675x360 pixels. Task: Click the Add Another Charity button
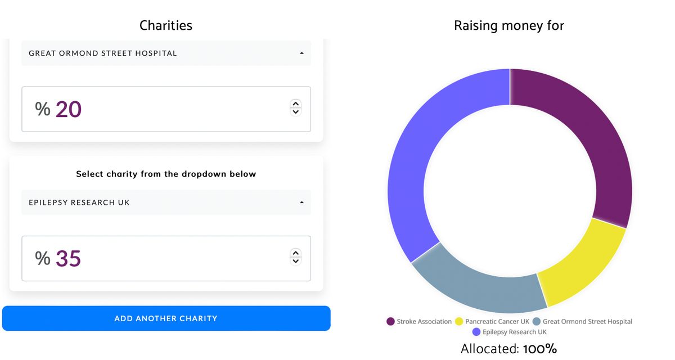(x=166, y=318)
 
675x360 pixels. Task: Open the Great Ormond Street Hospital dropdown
(x=166, y=53)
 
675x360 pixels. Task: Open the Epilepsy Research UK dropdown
(x=166, y=202)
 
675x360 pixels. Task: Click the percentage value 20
(x=69, y=109)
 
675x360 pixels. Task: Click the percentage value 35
(x=69, y=258)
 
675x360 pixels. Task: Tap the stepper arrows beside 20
(x=295, y=107)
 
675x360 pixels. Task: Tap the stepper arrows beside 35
(x=295, y=256)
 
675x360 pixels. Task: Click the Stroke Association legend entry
(x=419, y=322)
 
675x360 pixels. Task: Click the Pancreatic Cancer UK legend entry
(x=492, y=322)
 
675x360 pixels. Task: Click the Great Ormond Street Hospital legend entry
(x=582, y=322)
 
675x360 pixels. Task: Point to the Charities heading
(x=166, y=25)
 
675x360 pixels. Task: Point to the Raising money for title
(x=509, y=25)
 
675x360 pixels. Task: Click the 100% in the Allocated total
(x=540, y=349)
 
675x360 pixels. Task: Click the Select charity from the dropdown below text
(x=166, y=174)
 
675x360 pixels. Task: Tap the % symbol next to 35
(x=43, y=258)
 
